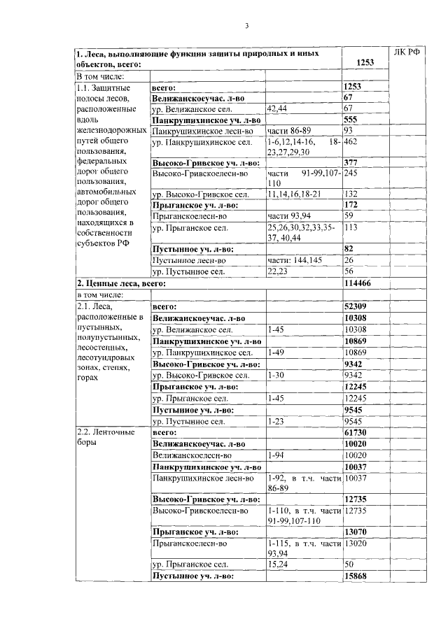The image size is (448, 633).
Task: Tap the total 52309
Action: click(356, 306)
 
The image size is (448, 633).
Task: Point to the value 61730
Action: click(356, 433)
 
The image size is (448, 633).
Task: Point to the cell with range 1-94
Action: click(276, 455)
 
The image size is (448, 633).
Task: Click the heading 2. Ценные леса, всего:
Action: click(120, 283)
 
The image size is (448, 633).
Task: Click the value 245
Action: click(351, 172)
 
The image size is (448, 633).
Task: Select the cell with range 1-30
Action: click(276, 375)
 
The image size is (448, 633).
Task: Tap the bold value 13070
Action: click(356, 531)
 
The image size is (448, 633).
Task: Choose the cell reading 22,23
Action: click(278, 271)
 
